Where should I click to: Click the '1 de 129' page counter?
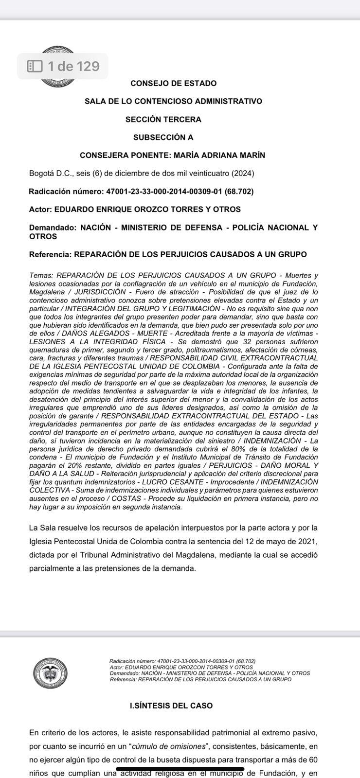click(73, 66)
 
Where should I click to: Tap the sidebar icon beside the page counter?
click(35, 66)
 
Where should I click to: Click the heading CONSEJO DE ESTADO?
click(173, 83)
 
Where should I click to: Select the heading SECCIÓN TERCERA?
click(163, 119)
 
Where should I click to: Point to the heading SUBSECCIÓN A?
click(163, 137)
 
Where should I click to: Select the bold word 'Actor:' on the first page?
click(40, 210)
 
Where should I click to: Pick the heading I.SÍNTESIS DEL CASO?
click(171, 706)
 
